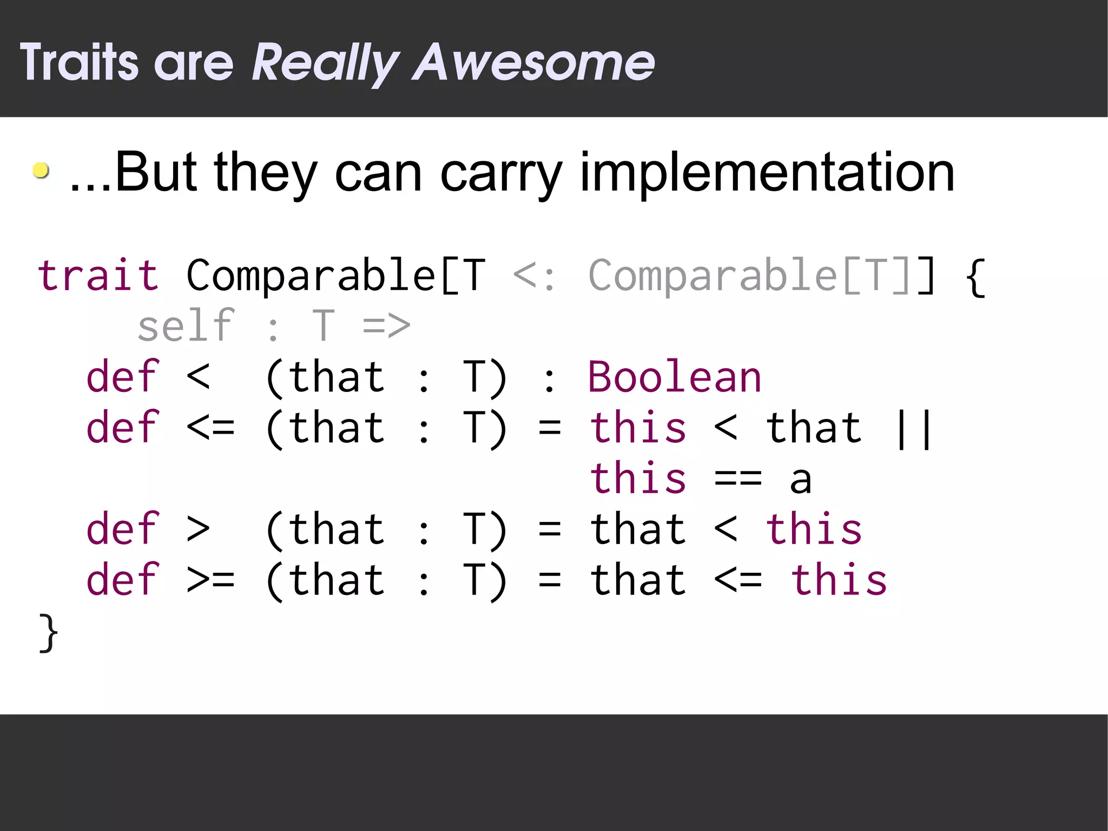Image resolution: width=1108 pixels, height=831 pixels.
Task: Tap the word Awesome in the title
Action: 533,63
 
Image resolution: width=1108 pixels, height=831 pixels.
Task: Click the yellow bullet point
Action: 41,171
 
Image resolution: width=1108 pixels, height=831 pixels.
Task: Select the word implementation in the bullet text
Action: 767,172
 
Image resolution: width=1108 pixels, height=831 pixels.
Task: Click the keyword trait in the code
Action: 98,276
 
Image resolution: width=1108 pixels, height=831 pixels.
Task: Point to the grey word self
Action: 186,326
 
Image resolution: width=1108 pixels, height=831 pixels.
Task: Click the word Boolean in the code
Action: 675,377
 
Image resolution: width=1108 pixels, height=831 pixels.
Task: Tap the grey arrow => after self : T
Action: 386,326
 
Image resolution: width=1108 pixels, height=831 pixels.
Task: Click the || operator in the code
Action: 914,428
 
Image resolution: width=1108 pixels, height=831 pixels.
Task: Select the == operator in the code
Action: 738,479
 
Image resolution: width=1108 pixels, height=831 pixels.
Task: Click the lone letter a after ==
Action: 801,480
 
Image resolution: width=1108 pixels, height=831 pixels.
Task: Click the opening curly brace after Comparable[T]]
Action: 975,277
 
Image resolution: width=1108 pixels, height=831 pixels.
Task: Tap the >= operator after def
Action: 210,580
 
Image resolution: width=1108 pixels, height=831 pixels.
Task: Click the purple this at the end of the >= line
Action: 839,580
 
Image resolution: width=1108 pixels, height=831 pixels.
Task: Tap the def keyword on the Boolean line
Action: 123,377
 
